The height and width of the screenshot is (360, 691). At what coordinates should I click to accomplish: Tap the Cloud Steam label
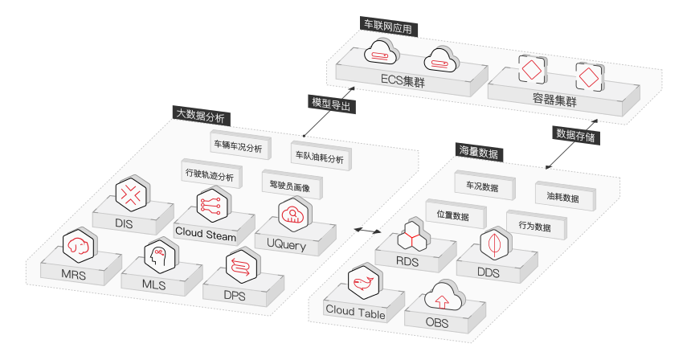[206, 236]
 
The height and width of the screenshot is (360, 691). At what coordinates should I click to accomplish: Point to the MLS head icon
[158, 258]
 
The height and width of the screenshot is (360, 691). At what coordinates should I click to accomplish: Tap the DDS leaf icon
[491, 243]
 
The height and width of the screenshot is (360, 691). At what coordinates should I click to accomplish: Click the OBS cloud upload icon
[441, 298]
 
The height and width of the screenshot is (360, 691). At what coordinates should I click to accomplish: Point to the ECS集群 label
[407, 80]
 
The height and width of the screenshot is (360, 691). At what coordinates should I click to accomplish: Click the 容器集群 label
[555, 99]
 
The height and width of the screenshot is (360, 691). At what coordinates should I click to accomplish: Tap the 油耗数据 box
[564, 197]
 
